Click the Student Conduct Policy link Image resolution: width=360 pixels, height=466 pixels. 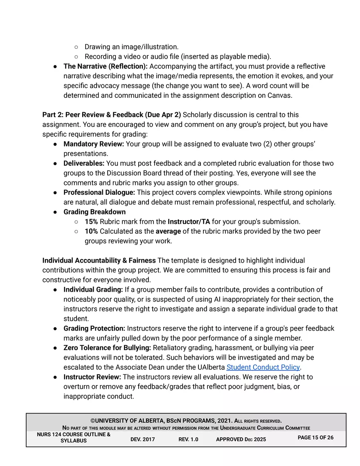pyautogui.click(x=263, y=367)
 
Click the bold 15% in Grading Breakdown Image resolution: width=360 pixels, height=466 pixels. pyautogui.click(x=91, y=221)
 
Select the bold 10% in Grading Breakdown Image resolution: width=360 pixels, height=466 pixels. pyautogui.click(x=91, y=231)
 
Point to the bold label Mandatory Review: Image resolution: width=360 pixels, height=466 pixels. pyautogui.click(x=94, y=144)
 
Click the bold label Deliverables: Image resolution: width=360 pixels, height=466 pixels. pyautogui.click(x=84, y=163)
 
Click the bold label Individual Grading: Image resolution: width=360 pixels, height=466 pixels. pyautogui.click(x=93, y=290)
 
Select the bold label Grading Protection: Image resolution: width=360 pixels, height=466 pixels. pyautogui.click(x=94, y=328)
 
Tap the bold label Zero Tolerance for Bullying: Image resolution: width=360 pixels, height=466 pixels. pyautogui.click(x=107, y=348)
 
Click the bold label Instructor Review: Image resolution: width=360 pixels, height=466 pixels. pyautogui.click(x=92, y=377)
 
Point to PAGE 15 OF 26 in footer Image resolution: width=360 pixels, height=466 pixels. pyautogui.click(x=315, y=437)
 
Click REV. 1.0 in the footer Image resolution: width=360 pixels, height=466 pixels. pyautogui.click(x=188, y=439)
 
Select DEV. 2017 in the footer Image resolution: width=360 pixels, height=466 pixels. pyautogui.click(x=142, y=439)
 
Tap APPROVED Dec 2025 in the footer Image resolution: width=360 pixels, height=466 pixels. pyautogui.click(x=241, y=439)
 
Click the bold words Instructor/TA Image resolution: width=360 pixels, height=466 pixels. pyautogui.click(x=189, y=221)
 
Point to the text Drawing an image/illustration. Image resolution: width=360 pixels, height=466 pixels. pyautogui.click(x=131, y=47)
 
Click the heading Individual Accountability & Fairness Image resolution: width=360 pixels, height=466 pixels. pyautogui.click(x=99, y=260)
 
